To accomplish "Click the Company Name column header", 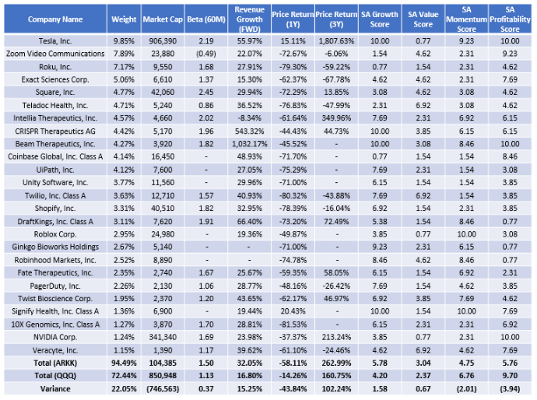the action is click(x=55, y=19).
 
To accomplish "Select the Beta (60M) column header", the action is click(x=206, y=19).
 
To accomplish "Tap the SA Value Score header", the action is click(x=423, y=19).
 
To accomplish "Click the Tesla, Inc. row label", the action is click(x=55, y=41).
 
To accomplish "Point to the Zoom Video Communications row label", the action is click(x=55, y=54).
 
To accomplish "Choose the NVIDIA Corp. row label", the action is click(x=55, y=337).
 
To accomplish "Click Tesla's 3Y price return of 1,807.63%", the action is click(x=336, y=41).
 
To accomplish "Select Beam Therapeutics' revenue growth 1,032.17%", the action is click(x=249, y=144).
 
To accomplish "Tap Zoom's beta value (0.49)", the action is click(x=206, y=54).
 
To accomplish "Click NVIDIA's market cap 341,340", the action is click(x=163, y=337).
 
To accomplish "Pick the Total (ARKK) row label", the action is click(x=55, y=363).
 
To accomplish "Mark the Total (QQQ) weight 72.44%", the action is click(x=124, y=376).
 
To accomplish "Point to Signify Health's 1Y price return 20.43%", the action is click(x=293, y=311).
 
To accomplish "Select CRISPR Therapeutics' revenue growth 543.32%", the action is click(x=249, y=132).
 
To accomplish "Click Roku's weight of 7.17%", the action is click(x=124, y=67).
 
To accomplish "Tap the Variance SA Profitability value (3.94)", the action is click(x=510, y=388).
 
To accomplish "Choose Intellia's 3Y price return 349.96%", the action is click(x=336, y=118).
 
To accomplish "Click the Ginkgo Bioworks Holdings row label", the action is click(x=55, y=247).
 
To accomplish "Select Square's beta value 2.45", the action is click(x=206, y=93).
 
